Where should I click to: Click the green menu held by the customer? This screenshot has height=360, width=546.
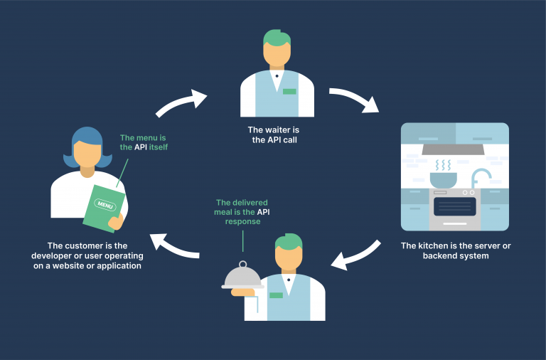point(105,206)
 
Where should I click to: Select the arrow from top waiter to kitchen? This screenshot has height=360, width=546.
point(355,100)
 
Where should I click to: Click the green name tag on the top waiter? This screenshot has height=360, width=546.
point(289,91)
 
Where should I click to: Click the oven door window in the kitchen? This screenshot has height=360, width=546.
point(454,207)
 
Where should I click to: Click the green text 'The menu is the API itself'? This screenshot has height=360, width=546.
point(144,142)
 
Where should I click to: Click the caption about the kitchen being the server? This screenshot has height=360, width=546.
point(454,250)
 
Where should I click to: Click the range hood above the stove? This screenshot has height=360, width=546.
point(454,149)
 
